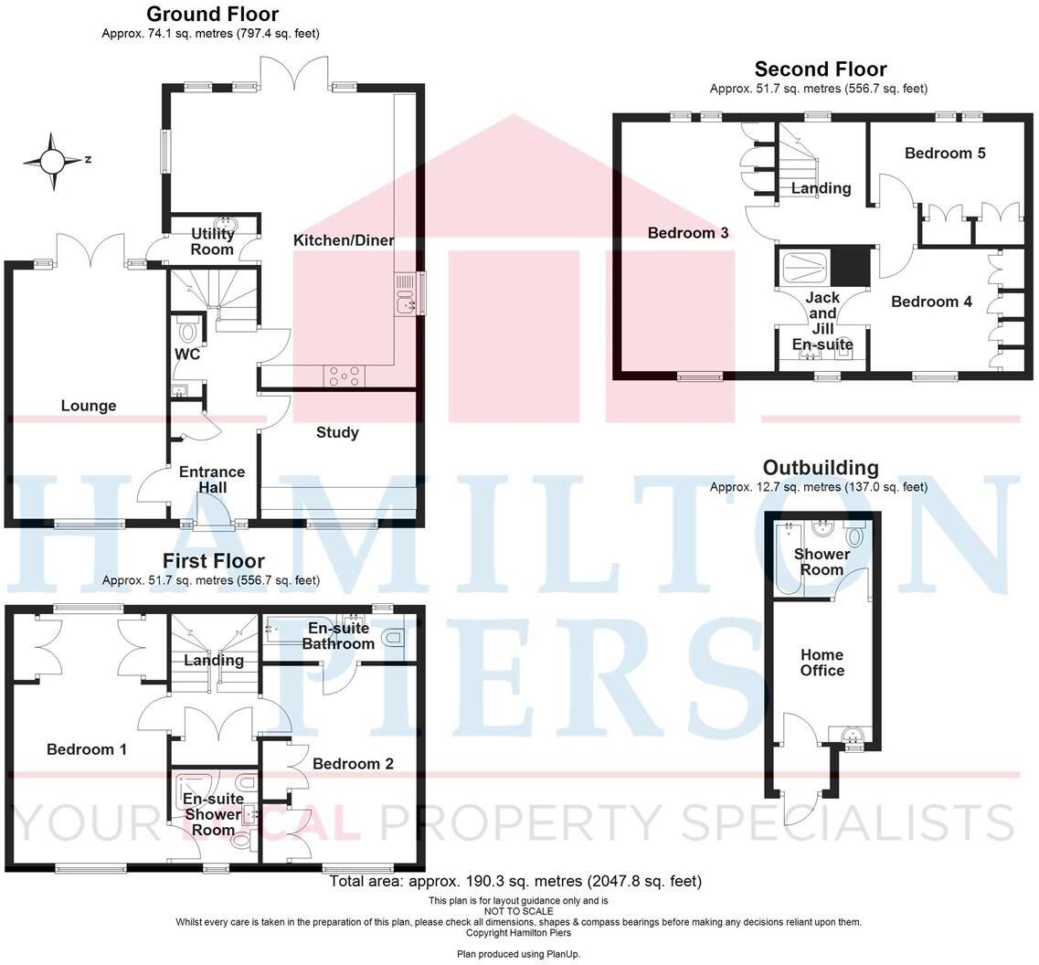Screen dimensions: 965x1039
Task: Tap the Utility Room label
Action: click(213, 242)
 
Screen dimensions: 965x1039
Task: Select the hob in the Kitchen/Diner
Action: click(344, 375)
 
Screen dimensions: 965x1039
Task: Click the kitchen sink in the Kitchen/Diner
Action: click(406, 300)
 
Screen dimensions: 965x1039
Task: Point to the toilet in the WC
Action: click(189, 329)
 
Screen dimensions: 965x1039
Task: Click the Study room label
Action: click(337, 432)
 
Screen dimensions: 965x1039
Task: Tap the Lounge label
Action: click(89, 406)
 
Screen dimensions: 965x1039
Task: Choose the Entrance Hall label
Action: click(212, 480)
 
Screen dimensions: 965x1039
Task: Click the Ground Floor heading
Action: click(212, 14)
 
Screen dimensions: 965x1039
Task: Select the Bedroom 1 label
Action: click(87, 749)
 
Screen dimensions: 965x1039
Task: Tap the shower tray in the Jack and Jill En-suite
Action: click(806, 267)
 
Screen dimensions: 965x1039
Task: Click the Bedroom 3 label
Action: click(688, 233)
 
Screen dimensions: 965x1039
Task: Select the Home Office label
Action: click(822, 663)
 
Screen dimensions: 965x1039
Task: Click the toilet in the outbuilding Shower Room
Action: click(856, 536)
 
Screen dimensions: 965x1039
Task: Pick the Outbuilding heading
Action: click(821, 468)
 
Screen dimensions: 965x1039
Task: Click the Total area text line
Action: click(515, 882)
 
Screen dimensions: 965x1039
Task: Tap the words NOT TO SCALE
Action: click(518, 911)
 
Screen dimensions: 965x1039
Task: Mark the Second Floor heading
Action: click(820, 69)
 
